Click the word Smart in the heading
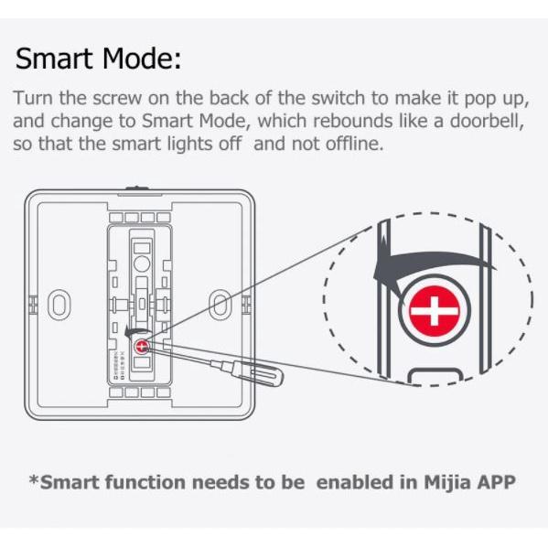pos(54,58)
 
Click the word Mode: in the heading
pos(142,58)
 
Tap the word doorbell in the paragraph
pos(486,121)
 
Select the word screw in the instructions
pos(117,98)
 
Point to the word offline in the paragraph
pos(354,144)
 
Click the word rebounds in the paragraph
pos(352,121)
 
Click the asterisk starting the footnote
pos(34,478)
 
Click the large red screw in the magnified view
pos(435,311)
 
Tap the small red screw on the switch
pos(142,347)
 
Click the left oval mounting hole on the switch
pos(59,305)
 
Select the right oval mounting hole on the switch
pos(220,305)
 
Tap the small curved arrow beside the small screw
pos(137,330)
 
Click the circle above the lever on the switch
pos(142,263)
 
